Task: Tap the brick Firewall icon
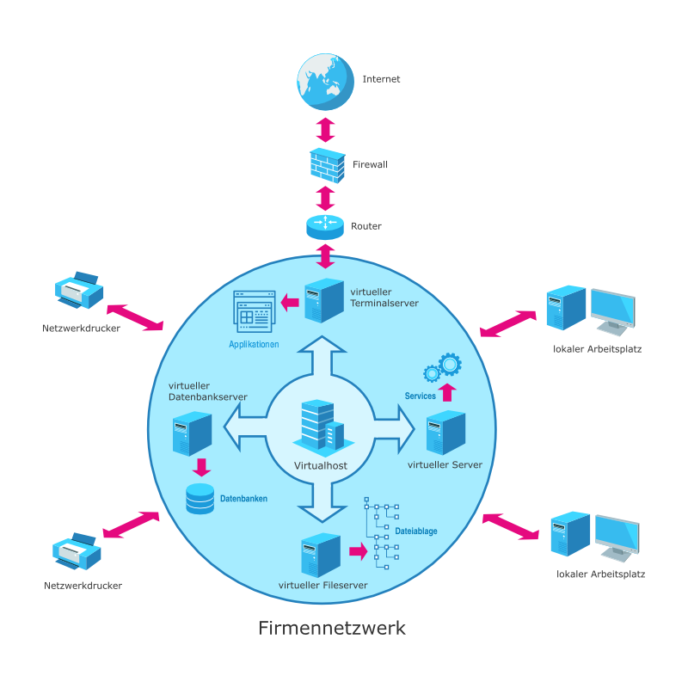tap(326, 164)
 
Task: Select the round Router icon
tap(325, 226)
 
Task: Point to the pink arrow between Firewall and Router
tap(325, 197)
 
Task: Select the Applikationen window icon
tap(255, 311)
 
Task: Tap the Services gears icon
tap(443, 369)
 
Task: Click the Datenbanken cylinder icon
tap(200, 498)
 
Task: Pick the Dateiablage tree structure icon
tap(381, 532)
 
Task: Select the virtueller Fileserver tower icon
tap(320, 556)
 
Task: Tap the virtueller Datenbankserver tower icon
tap(192, 434)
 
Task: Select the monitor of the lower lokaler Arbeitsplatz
tap(617, 538)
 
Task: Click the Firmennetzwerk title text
tap(332, 629)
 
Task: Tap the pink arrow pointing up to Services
tap(445, 392)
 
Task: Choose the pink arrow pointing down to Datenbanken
tap(201, 467)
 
